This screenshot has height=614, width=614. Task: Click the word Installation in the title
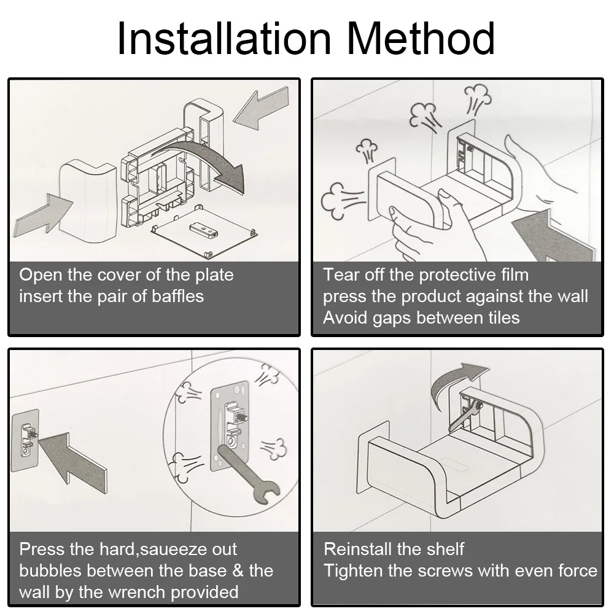pyautogui.click(x=224, y=38)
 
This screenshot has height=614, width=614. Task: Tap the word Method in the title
pyautogui.click(x=421, y=38)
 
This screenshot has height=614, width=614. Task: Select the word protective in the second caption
pyautogui.click(x=457, y=275)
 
